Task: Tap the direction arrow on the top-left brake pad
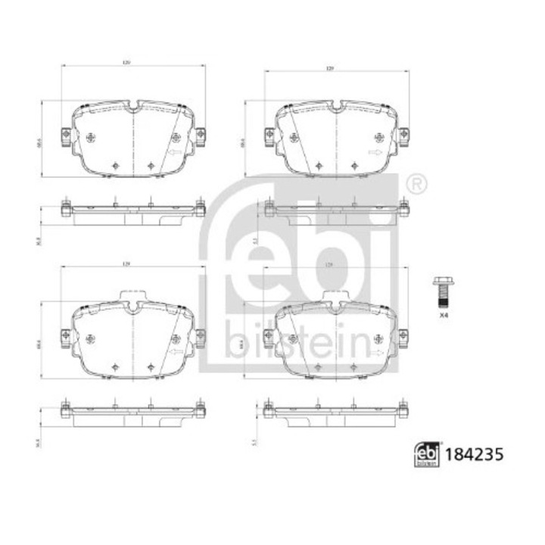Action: pyautogui.click(x=173, y=154)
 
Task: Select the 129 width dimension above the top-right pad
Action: pyautogui.click(x=331, y=69)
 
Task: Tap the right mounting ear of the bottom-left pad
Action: pyautogui.click(x=201, y=335)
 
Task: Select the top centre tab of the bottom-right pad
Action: pyautogui.click(x=331, y=300)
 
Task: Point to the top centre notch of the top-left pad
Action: pyautogui.click(x=133, y=107)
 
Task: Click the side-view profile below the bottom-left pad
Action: pyautogui.click(x=133, y=413)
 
